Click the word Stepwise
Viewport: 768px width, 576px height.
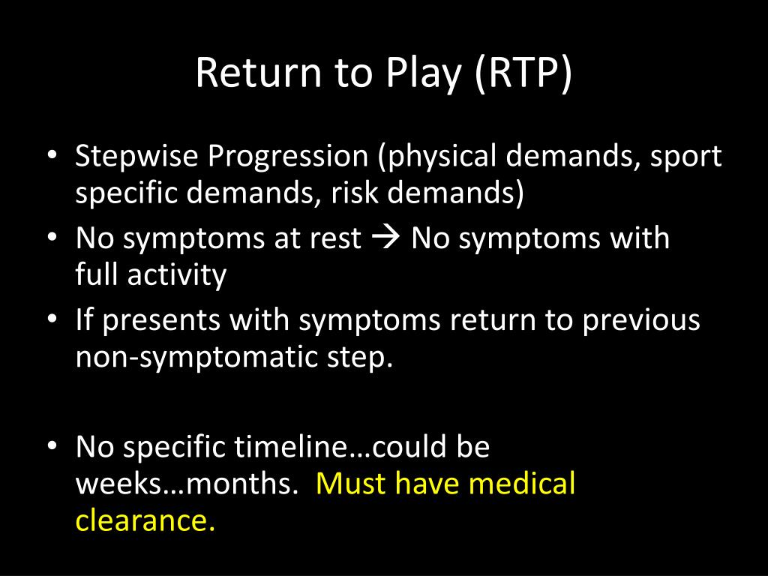(137, 157)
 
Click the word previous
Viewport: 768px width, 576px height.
(641, 321)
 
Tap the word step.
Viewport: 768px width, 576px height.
(358, 358)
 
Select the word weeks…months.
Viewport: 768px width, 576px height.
(184, 484)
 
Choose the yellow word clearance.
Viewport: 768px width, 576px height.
(145, 521)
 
